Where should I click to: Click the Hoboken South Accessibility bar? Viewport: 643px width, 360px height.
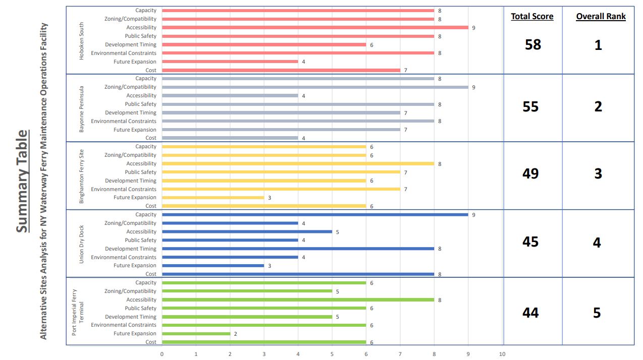click(x=315, y=27)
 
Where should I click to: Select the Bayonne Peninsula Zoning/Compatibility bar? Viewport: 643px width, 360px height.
click(x=315, y=87)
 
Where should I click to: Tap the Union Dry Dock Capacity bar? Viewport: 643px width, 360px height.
click(x=315, y=214)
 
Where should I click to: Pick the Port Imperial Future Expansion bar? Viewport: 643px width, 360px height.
click(x=196, y=333)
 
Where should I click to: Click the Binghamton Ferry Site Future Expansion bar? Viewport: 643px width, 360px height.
click(x=213, y=197)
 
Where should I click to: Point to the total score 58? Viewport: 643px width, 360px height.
click(x=533, y=44)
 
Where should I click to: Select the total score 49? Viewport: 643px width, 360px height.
click(x=531, y=173)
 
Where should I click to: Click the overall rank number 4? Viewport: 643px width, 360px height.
click(x=597, y=243)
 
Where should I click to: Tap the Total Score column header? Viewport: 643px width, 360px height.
click(x=532, y=16)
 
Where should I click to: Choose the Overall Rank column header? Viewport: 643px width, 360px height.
click(x=601, y=16)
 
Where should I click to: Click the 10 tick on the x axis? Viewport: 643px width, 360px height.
click(x=502, y=354)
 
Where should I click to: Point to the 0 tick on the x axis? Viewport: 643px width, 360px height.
click(x=162, y=354)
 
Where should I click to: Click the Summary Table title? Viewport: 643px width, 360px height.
click(x=22, y=182)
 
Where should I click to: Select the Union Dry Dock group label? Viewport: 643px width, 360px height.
click(x=82, y=244)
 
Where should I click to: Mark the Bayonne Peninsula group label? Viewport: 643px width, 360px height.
click(x=82, y=108)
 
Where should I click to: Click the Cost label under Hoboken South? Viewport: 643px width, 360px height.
click(x=151, y=70)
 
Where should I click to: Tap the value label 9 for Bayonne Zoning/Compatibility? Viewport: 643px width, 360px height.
click(x=474, y=87)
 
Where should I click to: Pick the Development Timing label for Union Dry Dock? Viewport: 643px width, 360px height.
click(x=131, y=249)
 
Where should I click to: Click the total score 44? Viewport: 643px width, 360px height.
click(x=531, y=313)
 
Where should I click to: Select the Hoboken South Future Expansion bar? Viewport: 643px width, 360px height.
click(x=230, y=62)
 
